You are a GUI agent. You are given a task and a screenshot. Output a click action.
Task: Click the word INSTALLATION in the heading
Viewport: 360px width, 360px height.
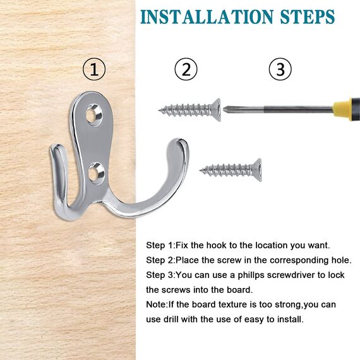pos(207,17)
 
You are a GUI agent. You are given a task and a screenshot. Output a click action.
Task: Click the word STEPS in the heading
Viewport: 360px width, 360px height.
pos(308,17)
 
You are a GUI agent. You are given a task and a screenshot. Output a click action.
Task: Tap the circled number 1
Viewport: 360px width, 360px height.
pos(94,69)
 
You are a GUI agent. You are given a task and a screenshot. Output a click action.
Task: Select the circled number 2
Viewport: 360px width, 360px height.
pos(186,69)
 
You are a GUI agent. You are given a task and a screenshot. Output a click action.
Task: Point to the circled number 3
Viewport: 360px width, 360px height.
pos(280,69)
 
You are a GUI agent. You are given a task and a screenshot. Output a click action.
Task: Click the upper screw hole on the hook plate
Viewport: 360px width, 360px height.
pos(93,114)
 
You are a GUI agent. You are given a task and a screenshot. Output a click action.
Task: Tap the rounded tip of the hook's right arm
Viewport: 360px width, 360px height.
pos(180,143)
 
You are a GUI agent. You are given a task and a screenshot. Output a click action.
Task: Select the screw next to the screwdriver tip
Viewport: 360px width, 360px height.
pos(189,110)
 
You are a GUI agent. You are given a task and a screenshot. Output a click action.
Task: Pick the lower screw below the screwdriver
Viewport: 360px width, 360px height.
pos(231,170)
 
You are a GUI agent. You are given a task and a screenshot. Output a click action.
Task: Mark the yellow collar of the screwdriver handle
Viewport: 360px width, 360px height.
pos(342,109)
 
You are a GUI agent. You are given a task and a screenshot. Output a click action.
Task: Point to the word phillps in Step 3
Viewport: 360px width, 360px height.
pos(251,275)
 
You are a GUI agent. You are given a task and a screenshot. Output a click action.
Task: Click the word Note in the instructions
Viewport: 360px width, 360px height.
pos(156,304)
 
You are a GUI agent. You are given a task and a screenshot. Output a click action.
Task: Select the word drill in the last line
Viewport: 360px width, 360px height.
pos(172,319)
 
